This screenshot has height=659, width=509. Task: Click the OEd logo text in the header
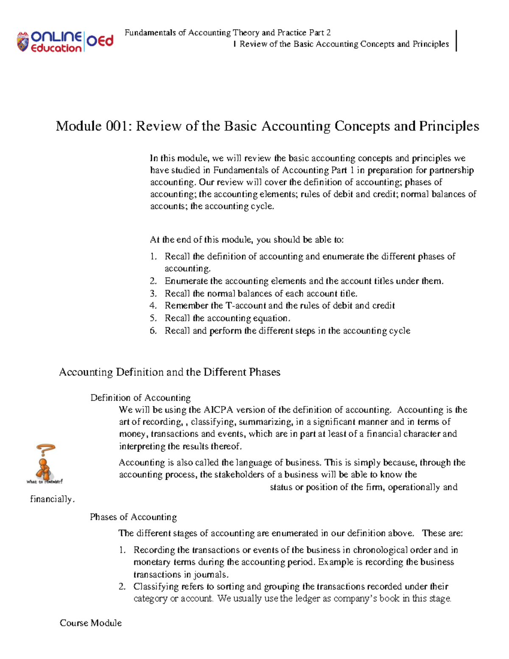pos(100,41)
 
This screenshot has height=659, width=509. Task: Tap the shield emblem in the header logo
pos(22,42)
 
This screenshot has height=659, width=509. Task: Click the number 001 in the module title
pos(118,126)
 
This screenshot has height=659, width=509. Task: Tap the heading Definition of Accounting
pos(140,398)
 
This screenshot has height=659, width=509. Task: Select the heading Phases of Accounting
pos(133,517)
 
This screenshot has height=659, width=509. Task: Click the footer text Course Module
pos(91,623)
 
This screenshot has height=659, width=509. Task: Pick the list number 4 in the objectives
pos(153,306)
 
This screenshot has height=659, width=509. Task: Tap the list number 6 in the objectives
pos(153,331)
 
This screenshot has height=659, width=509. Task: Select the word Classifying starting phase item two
pos(156,586)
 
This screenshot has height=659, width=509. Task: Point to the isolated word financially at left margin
pos(52,499)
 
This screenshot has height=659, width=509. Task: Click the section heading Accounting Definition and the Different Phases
pos(170,372)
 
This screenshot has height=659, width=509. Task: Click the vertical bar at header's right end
pos(456,41)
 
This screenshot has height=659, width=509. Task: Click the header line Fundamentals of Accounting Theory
pos(227,33)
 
